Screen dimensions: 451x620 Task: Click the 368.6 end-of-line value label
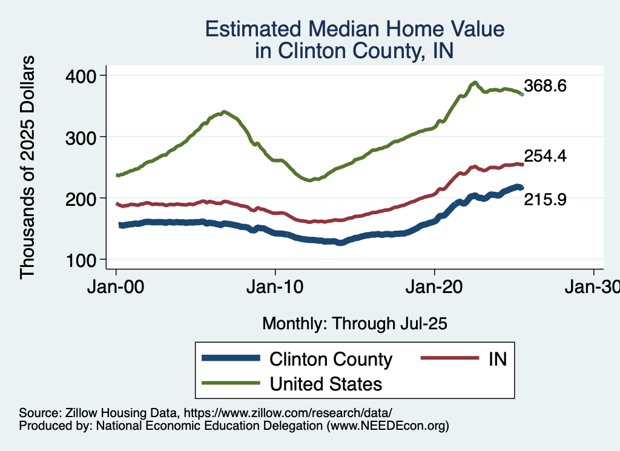pos(545,86)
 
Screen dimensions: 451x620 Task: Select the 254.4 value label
pos(545,156)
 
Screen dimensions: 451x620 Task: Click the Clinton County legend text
pos(331,359)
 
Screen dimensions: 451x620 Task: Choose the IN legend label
pos(496,359)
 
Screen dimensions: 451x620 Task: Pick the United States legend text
pos(326,383)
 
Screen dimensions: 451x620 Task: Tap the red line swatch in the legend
pos(446,359)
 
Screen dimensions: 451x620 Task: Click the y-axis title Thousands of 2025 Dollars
pos(27,167)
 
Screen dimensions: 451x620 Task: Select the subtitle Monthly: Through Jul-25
pos(354,324)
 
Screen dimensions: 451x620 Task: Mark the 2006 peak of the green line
pos(224,112)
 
